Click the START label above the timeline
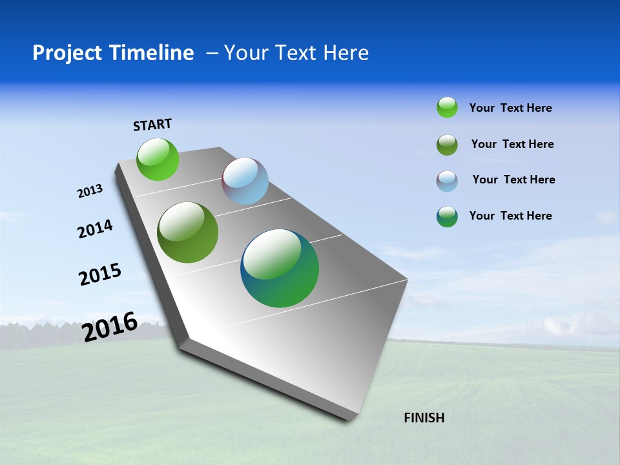(152, 125)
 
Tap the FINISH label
(424, 418)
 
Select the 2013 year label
(90, 191)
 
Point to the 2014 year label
(95, 229)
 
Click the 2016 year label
(110, 327)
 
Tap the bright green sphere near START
(158, 159)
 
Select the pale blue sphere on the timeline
(245, 181)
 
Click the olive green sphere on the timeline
(188, 232)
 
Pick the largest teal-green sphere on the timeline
(280, 268)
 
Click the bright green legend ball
(447, 108)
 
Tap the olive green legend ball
(447, 145)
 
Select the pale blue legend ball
(447, 181)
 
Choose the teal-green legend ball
(447, 216)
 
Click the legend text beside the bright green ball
(510, 108)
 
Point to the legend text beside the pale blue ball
(513, 180)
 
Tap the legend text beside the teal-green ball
(510, 216)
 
